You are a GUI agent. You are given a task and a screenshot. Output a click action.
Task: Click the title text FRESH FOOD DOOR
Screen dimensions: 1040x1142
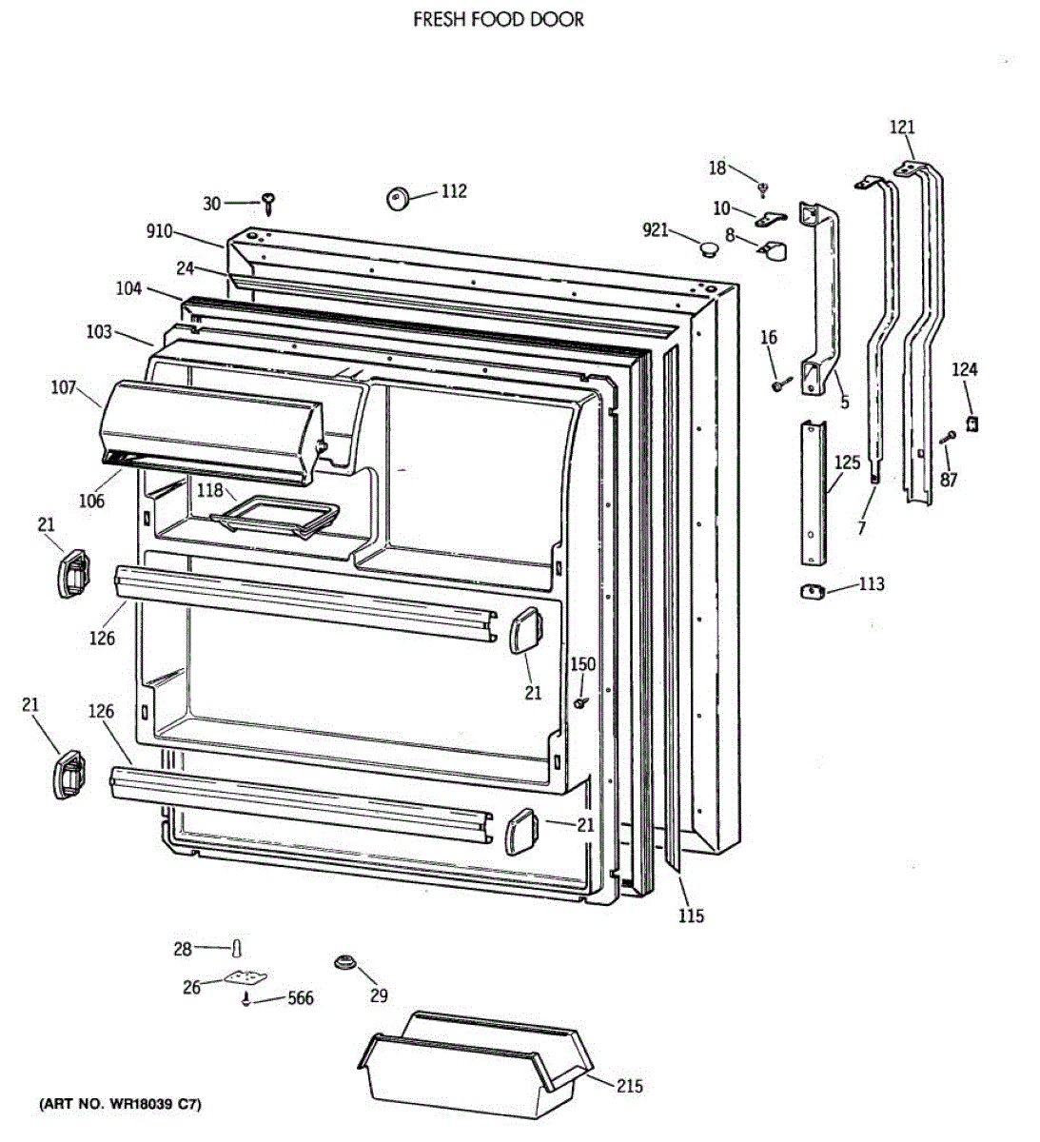(498, 19)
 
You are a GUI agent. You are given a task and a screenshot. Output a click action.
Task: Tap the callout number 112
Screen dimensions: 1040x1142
(454, 191)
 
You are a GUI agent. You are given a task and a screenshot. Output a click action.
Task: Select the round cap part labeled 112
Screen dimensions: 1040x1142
(397, 198)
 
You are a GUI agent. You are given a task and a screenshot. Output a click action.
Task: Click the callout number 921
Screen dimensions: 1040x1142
(656, 229)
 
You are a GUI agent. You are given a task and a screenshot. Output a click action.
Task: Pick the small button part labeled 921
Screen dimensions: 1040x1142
(707, 249)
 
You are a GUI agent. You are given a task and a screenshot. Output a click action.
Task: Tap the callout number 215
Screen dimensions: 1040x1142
(629, 1086)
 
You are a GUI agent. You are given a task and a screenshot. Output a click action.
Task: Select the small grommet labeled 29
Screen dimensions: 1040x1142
(345, 963)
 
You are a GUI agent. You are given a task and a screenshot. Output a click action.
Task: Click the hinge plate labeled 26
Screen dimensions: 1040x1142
(245, 978)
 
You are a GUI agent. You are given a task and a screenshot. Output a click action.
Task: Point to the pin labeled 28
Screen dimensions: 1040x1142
(237, 948)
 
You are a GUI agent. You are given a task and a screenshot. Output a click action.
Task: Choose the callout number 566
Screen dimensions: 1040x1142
(300, 998)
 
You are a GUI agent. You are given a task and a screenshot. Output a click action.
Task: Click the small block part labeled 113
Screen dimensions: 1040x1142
(812, 592)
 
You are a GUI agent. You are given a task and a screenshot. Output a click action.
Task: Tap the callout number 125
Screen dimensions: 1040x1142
(847, 463)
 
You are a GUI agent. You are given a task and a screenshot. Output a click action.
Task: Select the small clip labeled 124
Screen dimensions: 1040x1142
(971, 422)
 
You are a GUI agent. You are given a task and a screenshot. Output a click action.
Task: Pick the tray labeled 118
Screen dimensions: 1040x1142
(276, 519)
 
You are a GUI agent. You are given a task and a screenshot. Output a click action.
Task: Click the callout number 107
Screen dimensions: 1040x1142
(64, 387)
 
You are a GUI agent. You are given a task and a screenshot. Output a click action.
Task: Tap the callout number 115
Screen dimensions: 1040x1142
(691, 916)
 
